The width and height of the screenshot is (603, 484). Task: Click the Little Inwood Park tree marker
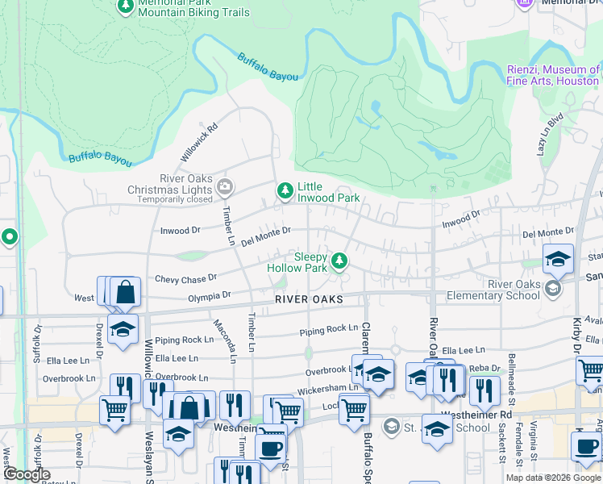(285, 190)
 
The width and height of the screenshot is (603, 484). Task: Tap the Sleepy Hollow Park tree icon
(340, 260)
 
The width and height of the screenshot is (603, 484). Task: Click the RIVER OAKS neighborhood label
(309, 299)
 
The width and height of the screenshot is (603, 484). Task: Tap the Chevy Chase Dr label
(185, 278)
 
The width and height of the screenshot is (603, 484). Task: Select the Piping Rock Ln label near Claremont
(328, 329)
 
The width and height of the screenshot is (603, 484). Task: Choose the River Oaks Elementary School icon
(553, 288)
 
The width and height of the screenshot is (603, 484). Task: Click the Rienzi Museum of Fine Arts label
(553, 76)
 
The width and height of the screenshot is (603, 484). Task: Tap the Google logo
(26, 474)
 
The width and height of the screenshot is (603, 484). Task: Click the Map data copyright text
(553, 478)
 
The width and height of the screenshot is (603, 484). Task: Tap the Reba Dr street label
(485, 368)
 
